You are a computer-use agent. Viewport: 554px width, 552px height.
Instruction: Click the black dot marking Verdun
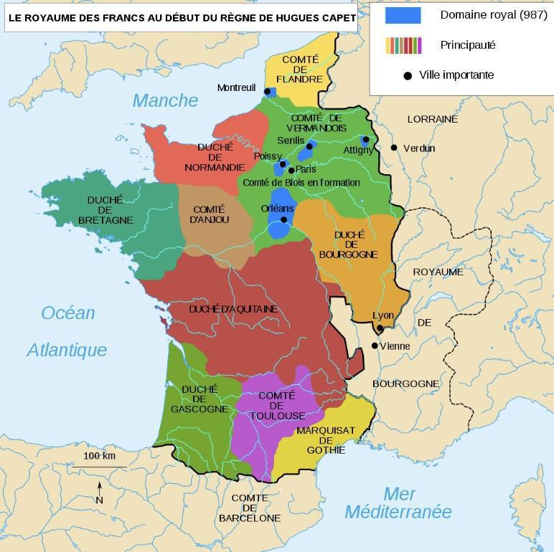tap(394, 148)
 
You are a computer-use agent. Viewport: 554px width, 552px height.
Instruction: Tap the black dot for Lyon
tap(380, 328)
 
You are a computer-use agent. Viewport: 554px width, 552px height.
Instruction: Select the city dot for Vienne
tap(375, 346)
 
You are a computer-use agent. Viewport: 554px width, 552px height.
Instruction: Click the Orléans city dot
tap(283, 219)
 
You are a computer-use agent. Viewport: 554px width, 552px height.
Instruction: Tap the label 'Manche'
tap(164, 100)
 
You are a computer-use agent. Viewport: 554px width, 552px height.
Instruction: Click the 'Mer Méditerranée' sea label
tap(398, 503)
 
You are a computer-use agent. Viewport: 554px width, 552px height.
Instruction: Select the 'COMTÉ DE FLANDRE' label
tap(300, 69)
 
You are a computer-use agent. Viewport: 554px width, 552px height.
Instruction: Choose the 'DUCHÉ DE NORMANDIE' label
tap(215, 157)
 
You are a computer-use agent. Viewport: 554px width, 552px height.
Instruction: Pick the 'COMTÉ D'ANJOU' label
tap(210, 214)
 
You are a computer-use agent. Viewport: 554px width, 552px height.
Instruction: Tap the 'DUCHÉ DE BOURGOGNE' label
tap(349, 244)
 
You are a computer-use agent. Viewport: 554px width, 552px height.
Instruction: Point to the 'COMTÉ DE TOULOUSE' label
tap(277, 406)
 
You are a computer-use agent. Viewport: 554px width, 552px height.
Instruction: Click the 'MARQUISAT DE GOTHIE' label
tap(325, 440)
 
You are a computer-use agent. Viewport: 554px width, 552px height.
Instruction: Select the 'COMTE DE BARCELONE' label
tap(250, 508)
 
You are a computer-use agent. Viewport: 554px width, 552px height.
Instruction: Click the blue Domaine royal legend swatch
tap(403, 15)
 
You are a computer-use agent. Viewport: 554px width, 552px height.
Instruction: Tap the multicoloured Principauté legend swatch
tap(403, 45)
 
